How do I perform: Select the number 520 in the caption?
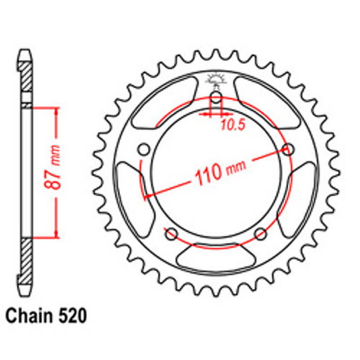pos(76,315)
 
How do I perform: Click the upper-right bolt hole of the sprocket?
pos(289,149)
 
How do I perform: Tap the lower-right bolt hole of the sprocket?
pos(261,233)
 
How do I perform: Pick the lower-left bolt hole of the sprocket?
pos(171,233)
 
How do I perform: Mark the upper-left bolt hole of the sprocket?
pos(143,149)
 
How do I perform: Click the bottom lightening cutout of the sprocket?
pos(216,256)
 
